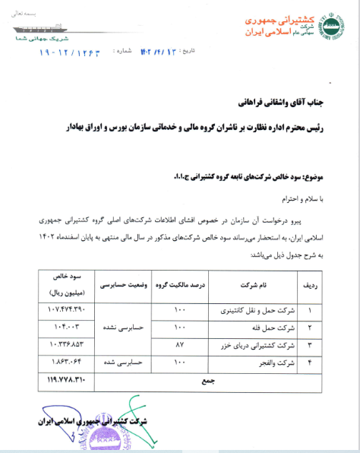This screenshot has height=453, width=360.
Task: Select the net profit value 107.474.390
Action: click(62, 310)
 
